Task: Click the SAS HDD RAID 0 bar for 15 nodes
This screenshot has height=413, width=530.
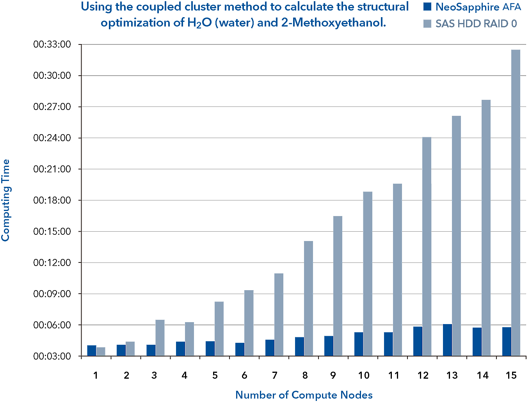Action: pos(516,203)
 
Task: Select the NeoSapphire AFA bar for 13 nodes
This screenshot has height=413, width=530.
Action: pos(447,340)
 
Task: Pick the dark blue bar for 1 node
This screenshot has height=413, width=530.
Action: pos(92,350)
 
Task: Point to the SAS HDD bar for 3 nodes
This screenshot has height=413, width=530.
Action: pos(160,338)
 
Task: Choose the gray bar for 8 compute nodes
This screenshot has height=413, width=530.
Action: pos(308,298)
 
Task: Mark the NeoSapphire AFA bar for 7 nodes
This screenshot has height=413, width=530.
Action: pos(270,347)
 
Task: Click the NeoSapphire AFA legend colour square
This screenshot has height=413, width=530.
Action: pos(427,7)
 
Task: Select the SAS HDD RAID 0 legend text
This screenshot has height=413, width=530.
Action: pos(476,24)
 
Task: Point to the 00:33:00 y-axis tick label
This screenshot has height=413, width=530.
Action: pos(52,44)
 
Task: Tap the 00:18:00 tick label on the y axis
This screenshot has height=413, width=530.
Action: pos(52,200)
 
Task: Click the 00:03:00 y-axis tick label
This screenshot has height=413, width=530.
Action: pos(52,356)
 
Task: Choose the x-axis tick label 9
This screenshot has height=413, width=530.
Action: pos(333,376)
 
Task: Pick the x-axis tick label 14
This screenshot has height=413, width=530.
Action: pos(482,376)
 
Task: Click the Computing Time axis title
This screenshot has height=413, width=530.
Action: pos(5,200)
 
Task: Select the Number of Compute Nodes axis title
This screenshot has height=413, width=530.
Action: pos(304,395)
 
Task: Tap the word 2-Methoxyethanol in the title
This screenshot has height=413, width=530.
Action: pos(333,23)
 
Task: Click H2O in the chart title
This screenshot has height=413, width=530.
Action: pos(199,23)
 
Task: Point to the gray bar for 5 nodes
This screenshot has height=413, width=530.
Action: pos(219,328)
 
